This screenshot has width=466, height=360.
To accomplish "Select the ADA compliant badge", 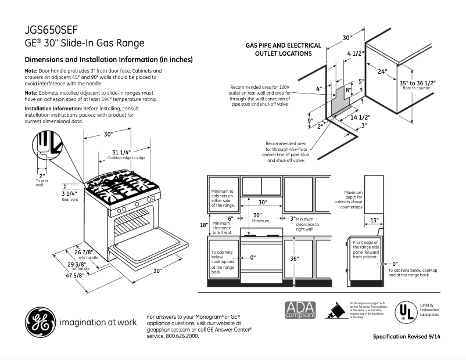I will (300, 310).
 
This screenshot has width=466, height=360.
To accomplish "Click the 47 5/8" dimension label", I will (75, 275).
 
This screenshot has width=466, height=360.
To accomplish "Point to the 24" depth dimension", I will (382, 72).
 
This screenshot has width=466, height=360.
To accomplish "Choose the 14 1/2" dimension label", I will (361, 117).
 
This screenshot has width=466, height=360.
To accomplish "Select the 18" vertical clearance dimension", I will (203, 225).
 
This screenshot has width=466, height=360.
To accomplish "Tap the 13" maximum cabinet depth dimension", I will (374, 220).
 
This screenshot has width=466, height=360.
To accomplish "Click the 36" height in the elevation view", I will (294, 258).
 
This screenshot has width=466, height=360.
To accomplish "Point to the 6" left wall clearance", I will (230, 218).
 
